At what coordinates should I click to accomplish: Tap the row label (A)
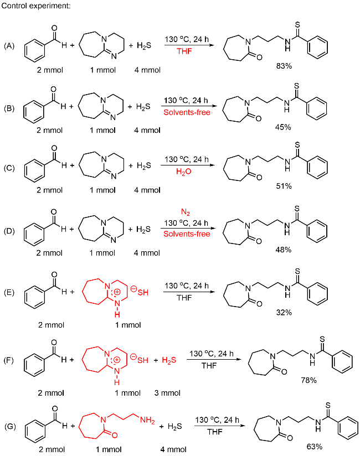9,45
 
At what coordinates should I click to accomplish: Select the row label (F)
9,360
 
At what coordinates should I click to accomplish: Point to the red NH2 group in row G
146,421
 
